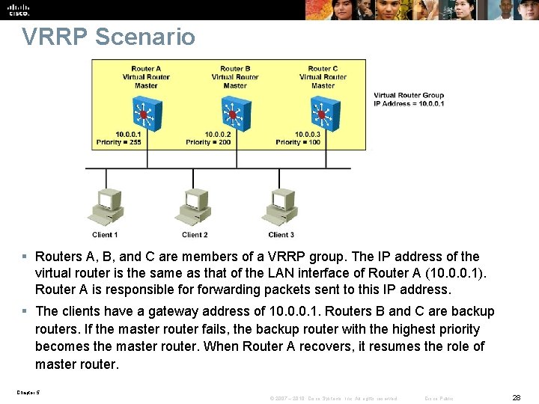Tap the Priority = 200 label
(208, 142)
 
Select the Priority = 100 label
(298, 142)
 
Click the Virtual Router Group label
(409, 96)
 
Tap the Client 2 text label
(195, 235)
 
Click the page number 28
(515, 397)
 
